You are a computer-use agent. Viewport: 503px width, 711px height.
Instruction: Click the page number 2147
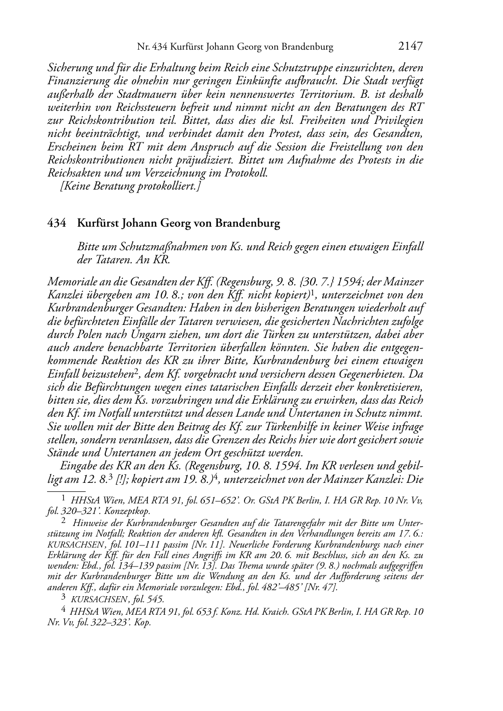(x=411, y=47)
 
